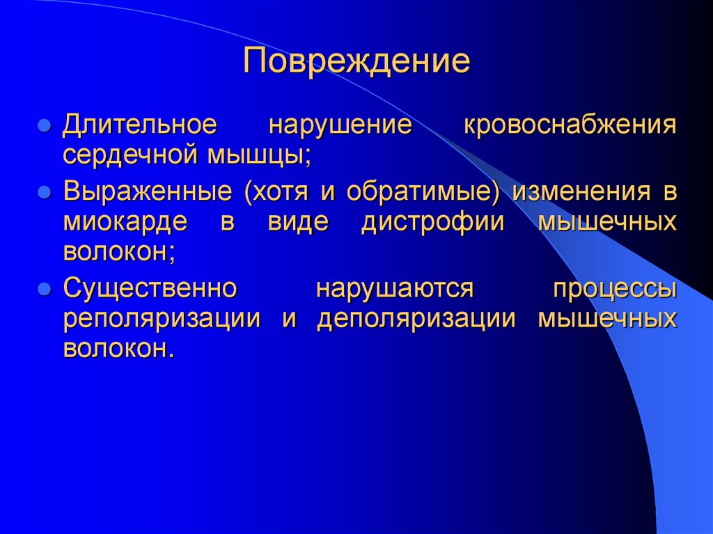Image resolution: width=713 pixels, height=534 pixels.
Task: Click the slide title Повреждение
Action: [356, 61]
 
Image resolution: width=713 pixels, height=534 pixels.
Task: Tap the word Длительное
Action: [139, 126]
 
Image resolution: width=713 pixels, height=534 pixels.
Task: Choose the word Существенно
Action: [151, 288]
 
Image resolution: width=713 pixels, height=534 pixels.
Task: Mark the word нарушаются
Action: [395, 288]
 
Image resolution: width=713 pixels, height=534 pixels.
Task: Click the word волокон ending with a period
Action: [118, 347]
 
